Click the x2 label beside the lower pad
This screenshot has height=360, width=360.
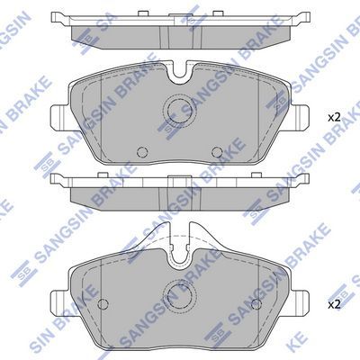point(335,304)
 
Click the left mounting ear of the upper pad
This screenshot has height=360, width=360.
point(56,116)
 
